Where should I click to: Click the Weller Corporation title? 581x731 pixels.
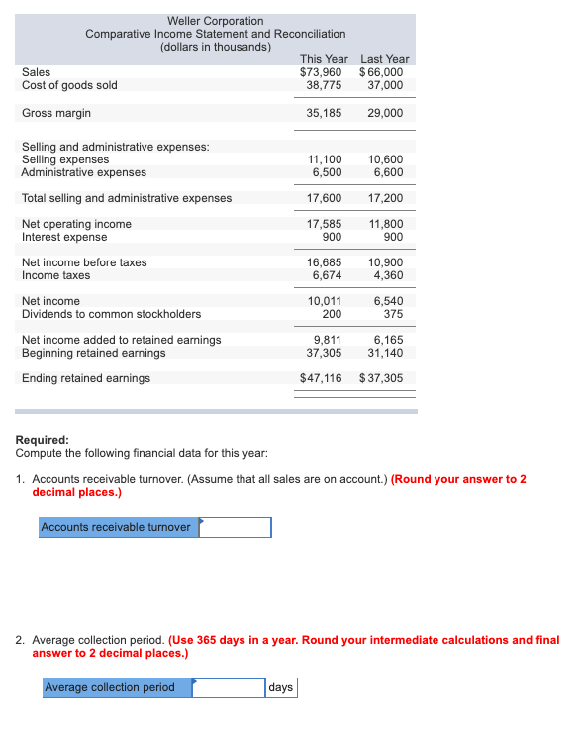coord(216,21)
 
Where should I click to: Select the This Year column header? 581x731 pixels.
coord(324,59)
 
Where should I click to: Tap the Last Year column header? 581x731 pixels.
coord(385,59)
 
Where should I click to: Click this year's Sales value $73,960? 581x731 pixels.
coord(321,72)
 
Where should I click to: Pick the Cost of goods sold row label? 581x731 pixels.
coord(69,85)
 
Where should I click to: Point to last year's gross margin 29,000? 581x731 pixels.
coord(385,113)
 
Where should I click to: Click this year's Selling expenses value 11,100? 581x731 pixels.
coord(325,159)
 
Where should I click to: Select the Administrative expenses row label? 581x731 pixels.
coord(84,172)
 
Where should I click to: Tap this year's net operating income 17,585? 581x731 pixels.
coord(325,224)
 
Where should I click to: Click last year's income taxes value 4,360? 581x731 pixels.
coord(386,275)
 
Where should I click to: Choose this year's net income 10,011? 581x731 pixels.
coord(325,301)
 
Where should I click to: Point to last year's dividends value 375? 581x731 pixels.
coord(392,314)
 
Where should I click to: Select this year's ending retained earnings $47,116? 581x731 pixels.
coord(321,378)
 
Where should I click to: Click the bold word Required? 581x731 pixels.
coord(43,440)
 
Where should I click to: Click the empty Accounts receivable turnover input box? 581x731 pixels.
coord(236,527)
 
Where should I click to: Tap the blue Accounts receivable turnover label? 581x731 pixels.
coord(117,527)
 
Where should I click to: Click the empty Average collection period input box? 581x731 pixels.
coord(229,687)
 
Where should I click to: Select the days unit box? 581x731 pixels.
coord(281,687)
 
